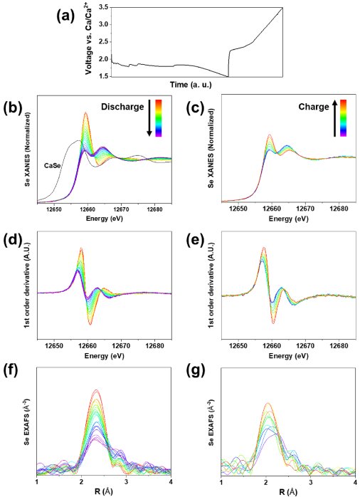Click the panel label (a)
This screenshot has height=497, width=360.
[x=65, y=16]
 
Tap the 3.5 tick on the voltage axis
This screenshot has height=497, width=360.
[x=105, y=7]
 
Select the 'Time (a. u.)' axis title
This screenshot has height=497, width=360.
[x=191, y=85]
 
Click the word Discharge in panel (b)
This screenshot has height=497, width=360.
[x=122, y=107]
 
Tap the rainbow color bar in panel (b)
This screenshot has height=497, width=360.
[x=159, y=118]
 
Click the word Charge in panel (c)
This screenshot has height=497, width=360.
[x=314, y=107]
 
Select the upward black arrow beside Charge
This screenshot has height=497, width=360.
[x=334, y=118]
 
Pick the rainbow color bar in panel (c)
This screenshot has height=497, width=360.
[x=343, y=118]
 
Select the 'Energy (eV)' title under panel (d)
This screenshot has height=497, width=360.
[x=104, y=356]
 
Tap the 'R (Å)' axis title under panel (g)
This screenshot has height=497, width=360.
[x=288, y=493]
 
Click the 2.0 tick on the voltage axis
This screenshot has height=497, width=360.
[x=105, y=59]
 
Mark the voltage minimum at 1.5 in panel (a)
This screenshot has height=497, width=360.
[x=228, y=77]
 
